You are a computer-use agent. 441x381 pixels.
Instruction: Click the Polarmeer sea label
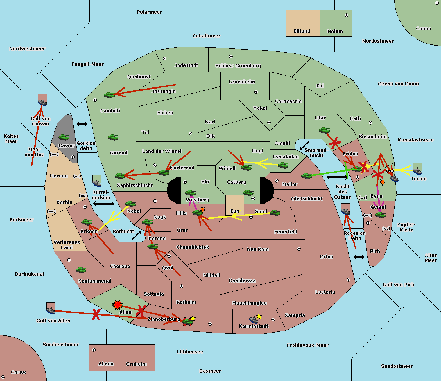149,12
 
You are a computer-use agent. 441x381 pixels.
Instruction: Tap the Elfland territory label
302,31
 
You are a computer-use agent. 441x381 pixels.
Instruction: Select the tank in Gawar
64,137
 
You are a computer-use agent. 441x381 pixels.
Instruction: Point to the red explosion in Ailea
117,305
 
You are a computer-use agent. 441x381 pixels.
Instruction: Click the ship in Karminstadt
254,320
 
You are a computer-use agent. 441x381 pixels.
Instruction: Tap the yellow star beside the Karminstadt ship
259,316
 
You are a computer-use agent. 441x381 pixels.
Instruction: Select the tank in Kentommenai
81,270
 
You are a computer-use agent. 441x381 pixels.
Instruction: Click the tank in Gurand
113,137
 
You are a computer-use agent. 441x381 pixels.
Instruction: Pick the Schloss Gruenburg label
238,65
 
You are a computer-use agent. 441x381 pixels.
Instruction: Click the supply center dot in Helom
347,15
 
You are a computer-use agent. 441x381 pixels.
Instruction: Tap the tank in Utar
324,130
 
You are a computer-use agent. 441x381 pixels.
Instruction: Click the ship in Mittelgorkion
97,181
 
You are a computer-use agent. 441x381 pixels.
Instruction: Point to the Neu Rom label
258,249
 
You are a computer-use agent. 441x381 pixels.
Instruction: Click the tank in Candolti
110,95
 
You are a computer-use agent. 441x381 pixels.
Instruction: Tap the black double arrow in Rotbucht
136,236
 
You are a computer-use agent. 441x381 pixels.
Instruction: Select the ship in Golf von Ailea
51,309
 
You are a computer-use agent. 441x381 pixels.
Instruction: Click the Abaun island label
106,363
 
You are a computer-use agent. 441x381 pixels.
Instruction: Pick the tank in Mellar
307,176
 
